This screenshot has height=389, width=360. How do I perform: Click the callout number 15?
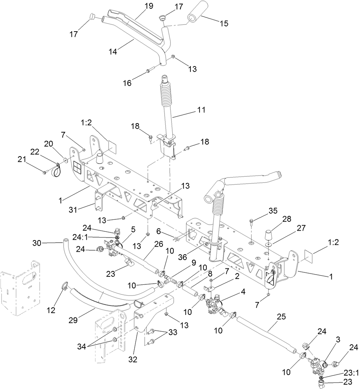224,23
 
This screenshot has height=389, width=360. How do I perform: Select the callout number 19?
148,6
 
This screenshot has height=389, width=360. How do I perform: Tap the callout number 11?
201,109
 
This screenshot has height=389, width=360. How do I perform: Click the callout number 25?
281,317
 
